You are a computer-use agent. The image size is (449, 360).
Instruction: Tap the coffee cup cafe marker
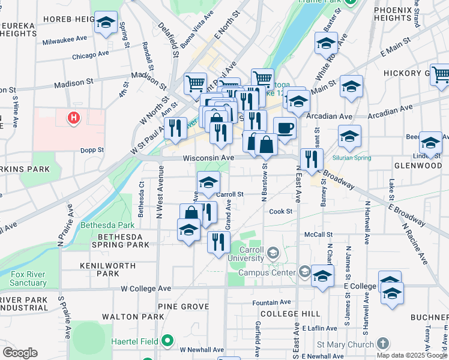click(285, 128)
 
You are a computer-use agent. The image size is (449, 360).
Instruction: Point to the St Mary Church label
click(345, 344)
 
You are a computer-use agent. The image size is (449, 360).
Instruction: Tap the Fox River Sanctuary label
click(28, 278)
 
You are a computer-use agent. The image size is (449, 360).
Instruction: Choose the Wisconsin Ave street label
click(208, 158)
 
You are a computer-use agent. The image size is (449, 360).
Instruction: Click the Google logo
click(20, 353)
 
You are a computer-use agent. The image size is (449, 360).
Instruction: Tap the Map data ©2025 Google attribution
click(411, 355)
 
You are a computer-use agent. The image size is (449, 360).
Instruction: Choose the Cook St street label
click(280, 211)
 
